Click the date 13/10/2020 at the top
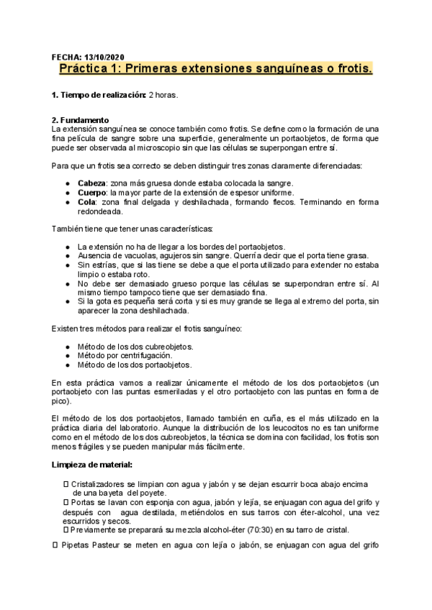click(x=104, y=56)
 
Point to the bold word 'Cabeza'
click(x=91, y=183)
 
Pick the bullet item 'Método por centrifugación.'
click(x=125, y=355)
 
